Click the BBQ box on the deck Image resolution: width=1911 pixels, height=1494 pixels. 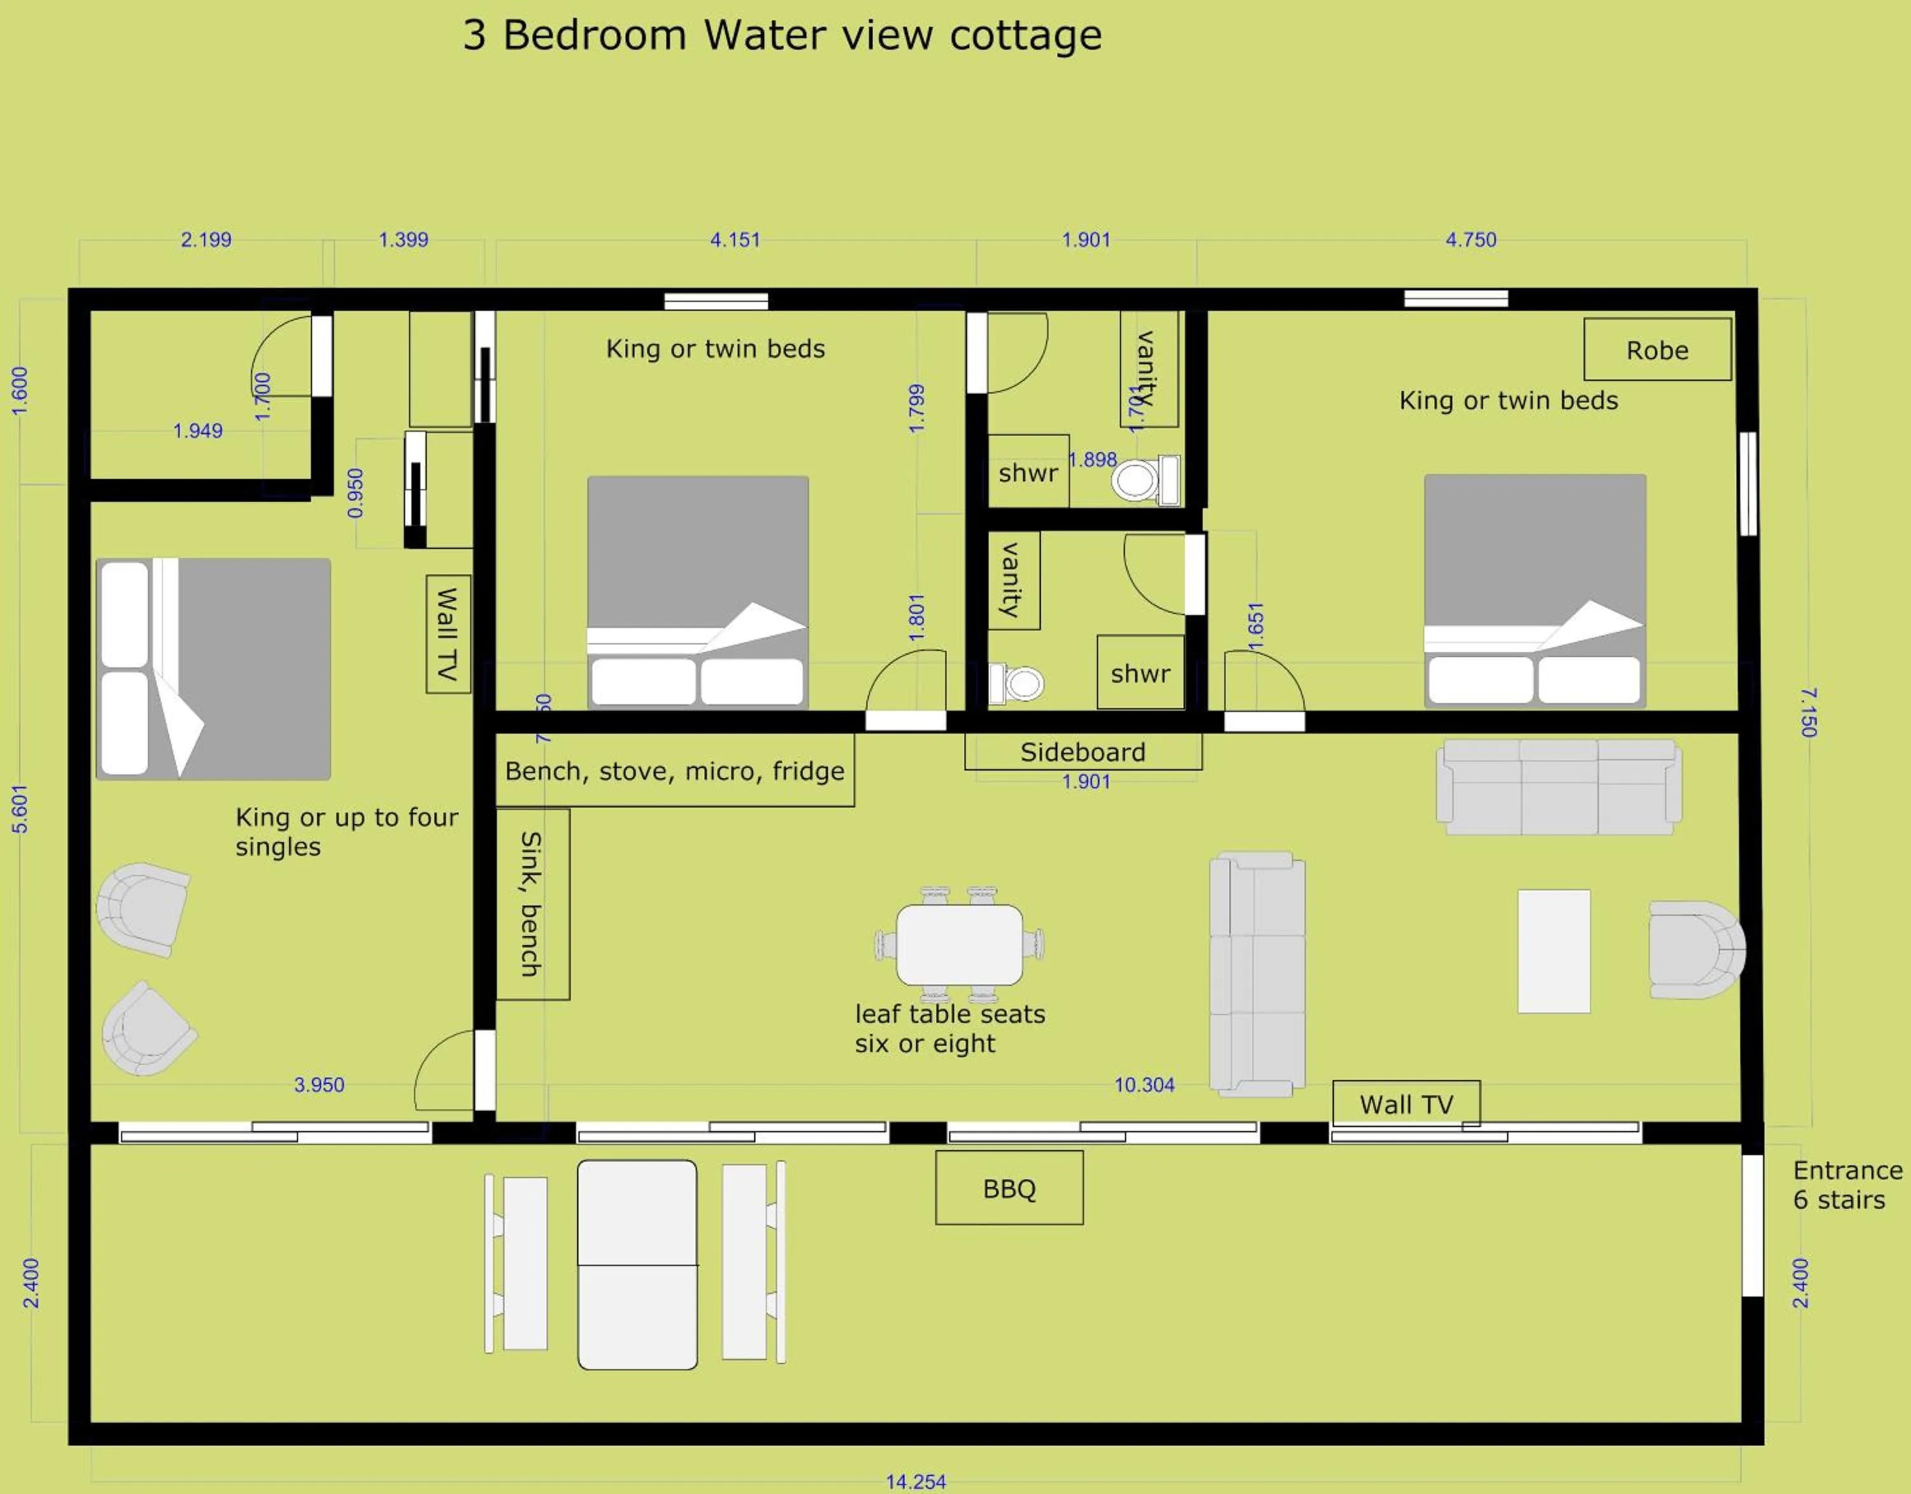1009,1188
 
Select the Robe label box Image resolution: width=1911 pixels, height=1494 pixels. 1656,350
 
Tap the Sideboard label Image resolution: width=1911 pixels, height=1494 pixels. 1082,752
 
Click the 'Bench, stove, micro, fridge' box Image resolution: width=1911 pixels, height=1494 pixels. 675,771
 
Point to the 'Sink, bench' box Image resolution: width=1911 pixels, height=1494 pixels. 532,904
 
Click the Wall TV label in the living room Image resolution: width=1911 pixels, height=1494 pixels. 1406,1104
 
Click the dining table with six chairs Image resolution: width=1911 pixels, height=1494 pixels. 959,944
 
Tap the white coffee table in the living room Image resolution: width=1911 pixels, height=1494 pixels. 1553,951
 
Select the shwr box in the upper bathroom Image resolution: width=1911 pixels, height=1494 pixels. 1028,473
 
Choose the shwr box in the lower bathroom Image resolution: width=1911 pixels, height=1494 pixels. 1140,672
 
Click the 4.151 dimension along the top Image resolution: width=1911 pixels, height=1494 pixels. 735,239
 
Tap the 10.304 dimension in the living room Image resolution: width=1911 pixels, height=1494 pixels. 1143,1085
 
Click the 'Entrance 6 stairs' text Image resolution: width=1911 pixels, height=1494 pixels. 1846,1185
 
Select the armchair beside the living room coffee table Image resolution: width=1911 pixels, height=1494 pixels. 1695,950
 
